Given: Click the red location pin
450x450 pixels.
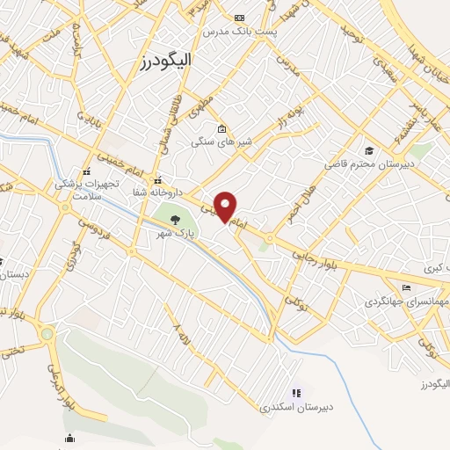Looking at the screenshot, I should click(x=226, y=206).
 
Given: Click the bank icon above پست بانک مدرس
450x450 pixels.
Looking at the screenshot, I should click(x=240, y=18).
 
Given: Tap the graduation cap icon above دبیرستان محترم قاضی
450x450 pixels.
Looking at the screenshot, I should click(x=370, y=150).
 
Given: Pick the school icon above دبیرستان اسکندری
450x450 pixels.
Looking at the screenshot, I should click(x=296, y=393).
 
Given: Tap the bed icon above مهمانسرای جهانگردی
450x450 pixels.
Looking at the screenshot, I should click(x=405, y=287).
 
